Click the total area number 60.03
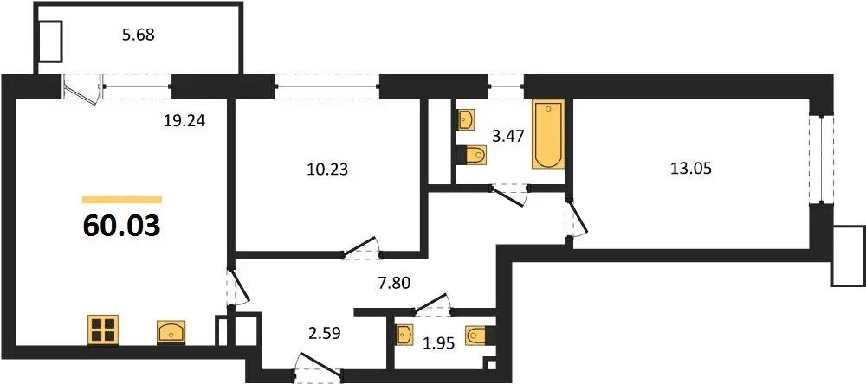(121, 226)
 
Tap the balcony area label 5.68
(138, 35)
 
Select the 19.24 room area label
(184, 121)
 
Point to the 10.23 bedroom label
(327, 170)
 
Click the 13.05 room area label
(690, 169)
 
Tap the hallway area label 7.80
(394, 283)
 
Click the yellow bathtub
(548, 134)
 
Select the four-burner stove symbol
(103, 330)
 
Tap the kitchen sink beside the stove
(171, 332)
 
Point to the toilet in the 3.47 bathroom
(472, 155)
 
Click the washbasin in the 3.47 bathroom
(467, 119)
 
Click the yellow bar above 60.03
(122, 200)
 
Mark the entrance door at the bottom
(318, 367)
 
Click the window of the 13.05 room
(821, 159)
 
